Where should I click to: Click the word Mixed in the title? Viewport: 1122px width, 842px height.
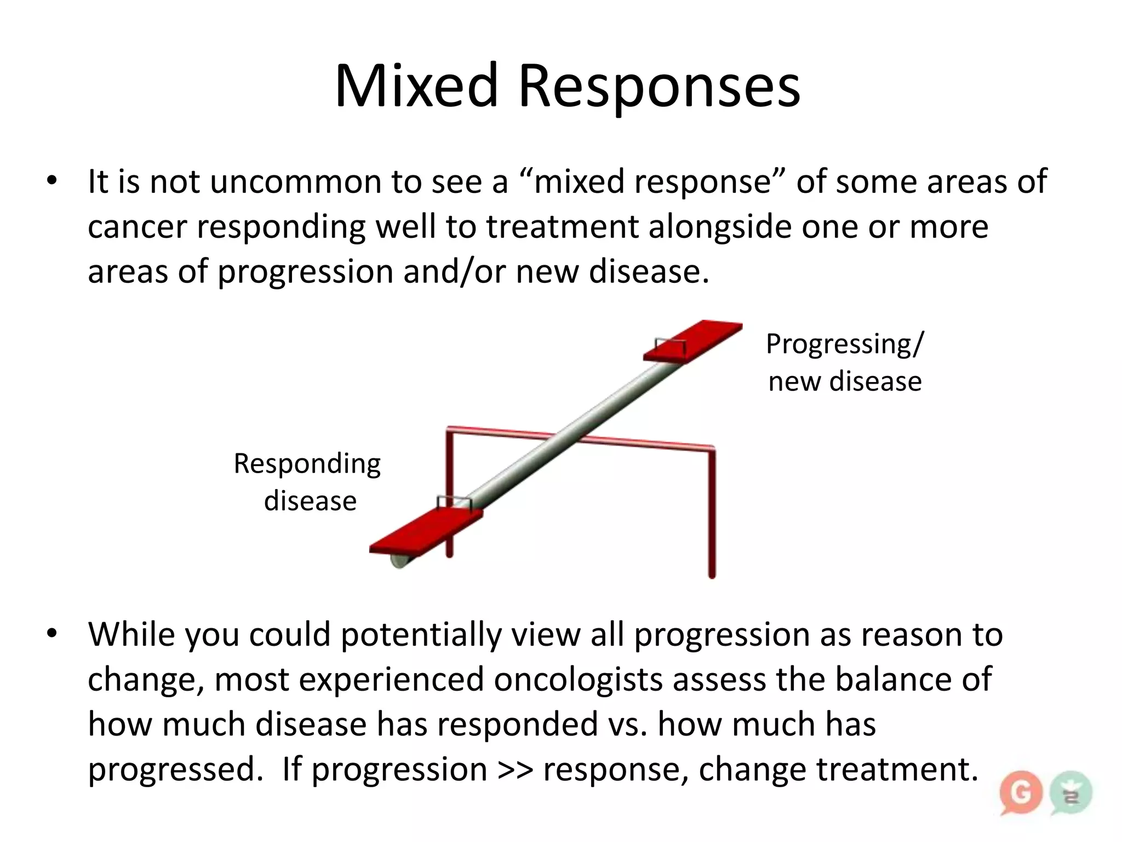pyautogui.click(x=416, y=87)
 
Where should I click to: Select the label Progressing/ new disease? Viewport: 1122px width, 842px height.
pyautogui.click(x=844, y=362)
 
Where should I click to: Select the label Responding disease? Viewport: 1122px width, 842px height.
pyautogui.click(x=308, y=482)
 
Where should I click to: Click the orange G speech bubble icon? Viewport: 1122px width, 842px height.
pyautogui.click(x=1020, y=793)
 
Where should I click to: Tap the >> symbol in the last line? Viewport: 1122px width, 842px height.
pyautogui.click(x=516, y=770)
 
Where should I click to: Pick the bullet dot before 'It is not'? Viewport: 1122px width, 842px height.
pyautogui.click(x=52, y=181)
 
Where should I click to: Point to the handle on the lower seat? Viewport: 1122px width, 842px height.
pyautogui.click(x=454, y=502)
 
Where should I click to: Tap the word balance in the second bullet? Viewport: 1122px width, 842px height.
pyautogui.click(x=894, y=680)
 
